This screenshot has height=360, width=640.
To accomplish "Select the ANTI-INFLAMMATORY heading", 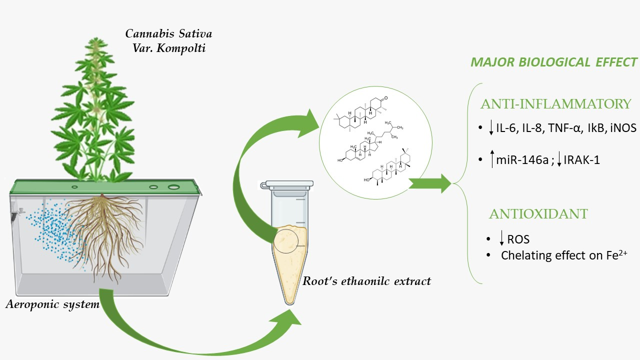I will [x=555, y=104].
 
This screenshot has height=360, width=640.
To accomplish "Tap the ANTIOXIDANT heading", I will [x=538, y=214].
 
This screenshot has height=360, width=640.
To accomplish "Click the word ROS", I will [x=518, y=240].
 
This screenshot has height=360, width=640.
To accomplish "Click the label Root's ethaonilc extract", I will [x=366, y=280].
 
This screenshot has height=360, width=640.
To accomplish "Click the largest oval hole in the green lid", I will [x=173, y=187].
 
